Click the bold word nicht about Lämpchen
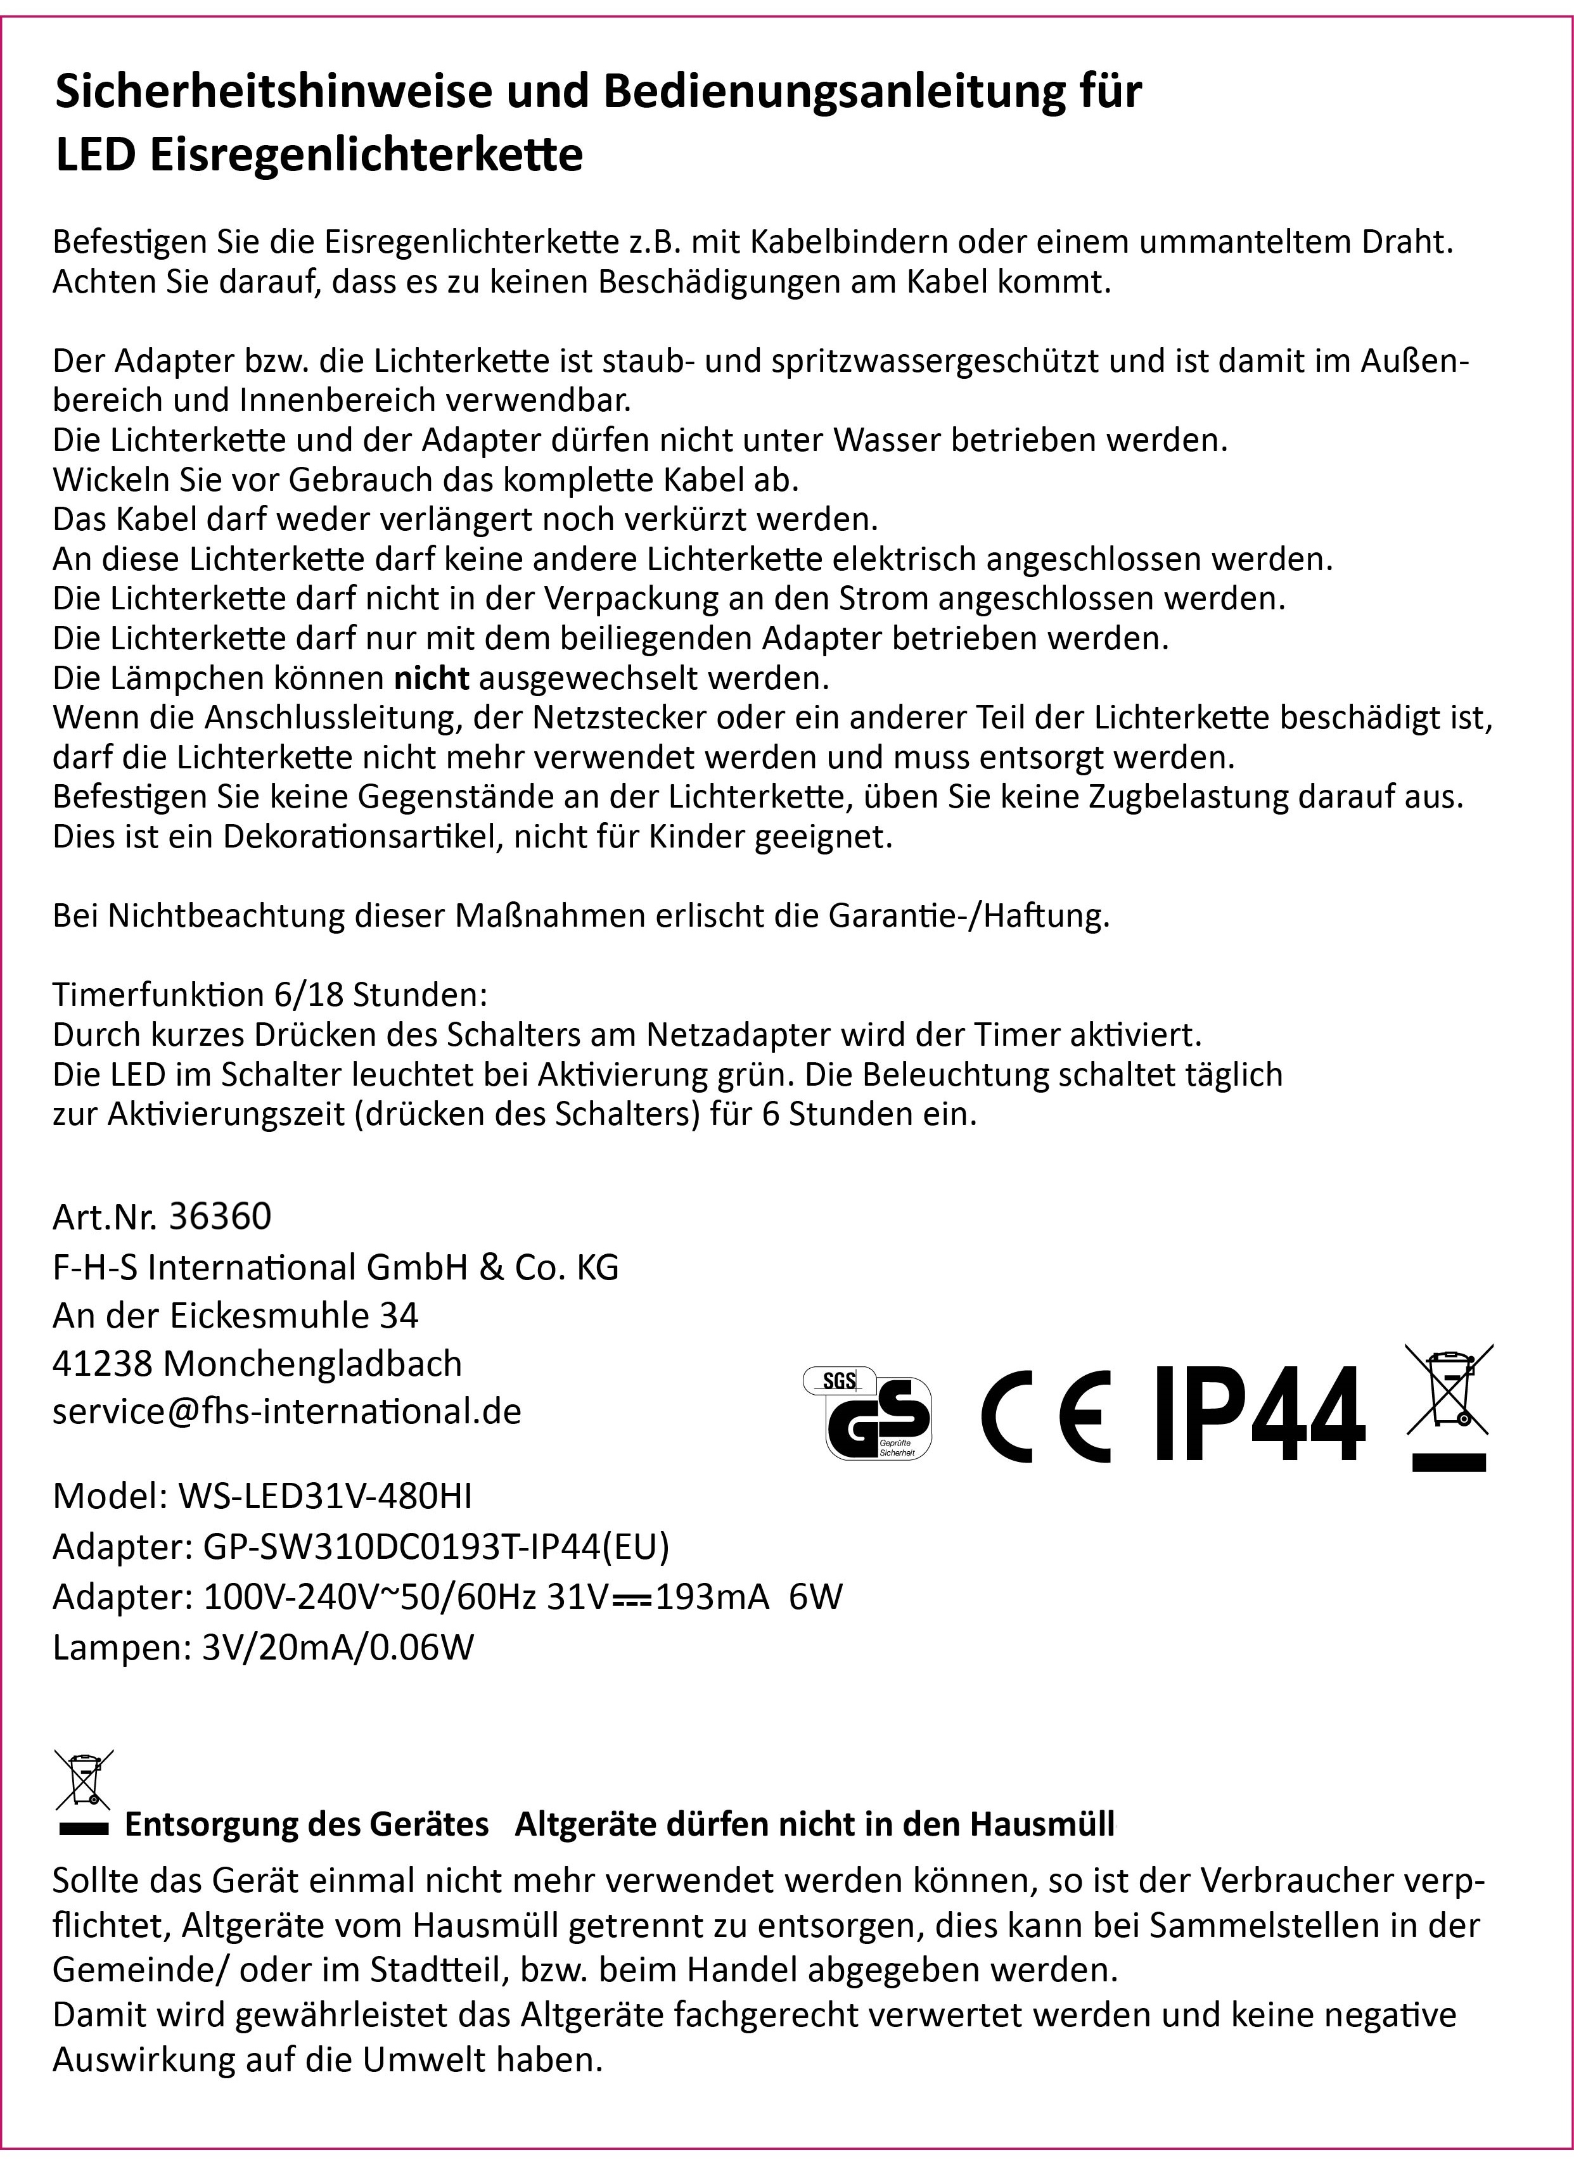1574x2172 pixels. [x=432, y=678]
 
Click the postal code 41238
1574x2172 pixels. [x=103, y=1362]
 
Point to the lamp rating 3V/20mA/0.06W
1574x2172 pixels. [x=338, y=1646]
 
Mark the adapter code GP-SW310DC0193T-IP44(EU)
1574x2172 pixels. [x=436, y=1546]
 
